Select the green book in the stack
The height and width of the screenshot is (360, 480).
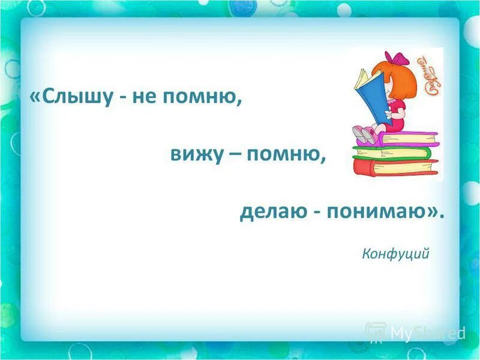pos(393,152)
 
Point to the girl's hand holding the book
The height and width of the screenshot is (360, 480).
pos(386,110)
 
